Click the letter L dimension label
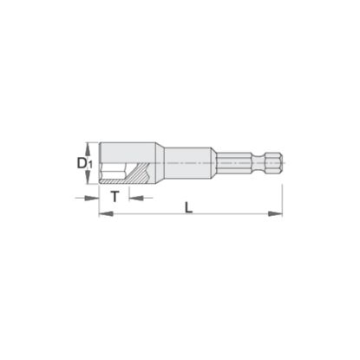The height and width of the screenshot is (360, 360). tap(188, 207)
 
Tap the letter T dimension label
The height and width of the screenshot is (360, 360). tap(115, 197)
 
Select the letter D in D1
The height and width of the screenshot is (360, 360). tap(82, 163)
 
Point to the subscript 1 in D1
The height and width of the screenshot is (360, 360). tap(90, 166)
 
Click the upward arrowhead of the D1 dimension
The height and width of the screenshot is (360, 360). tap(88, 148)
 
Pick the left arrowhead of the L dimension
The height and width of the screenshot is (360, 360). tap(106, 214)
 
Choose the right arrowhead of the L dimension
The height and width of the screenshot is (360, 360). tap(275, 214)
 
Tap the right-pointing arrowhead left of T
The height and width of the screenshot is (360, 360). tap(92, 198)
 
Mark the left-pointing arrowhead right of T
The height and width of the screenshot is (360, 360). tap(136, 198)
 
